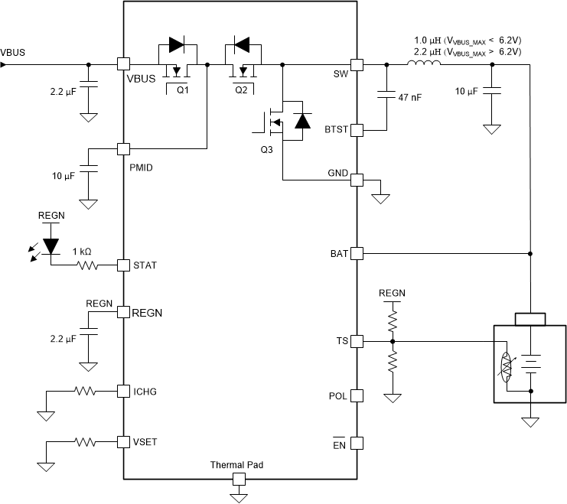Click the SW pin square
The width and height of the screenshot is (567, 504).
(356, 65)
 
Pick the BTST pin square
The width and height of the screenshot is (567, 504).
(356, 130)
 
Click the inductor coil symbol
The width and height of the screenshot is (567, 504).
(423, 63)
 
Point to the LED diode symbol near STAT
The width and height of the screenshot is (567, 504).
(51, 245)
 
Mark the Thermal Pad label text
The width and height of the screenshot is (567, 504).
(238, 464)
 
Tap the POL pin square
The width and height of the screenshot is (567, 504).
(356, 396)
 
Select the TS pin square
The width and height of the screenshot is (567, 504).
(356, 341)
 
